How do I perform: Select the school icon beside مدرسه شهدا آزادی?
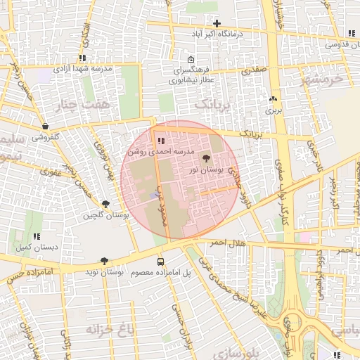[83, 58]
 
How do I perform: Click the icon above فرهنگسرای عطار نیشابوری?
[191, 59]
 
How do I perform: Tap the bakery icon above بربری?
[273, 99]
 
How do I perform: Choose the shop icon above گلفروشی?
[45, 127]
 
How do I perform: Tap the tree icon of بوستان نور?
[207, 159]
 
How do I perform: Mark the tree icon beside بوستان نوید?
[105, 260]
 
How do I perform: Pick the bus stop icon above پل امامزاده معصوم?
[160, 260]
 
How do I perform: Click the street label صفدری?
[255, 71]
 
